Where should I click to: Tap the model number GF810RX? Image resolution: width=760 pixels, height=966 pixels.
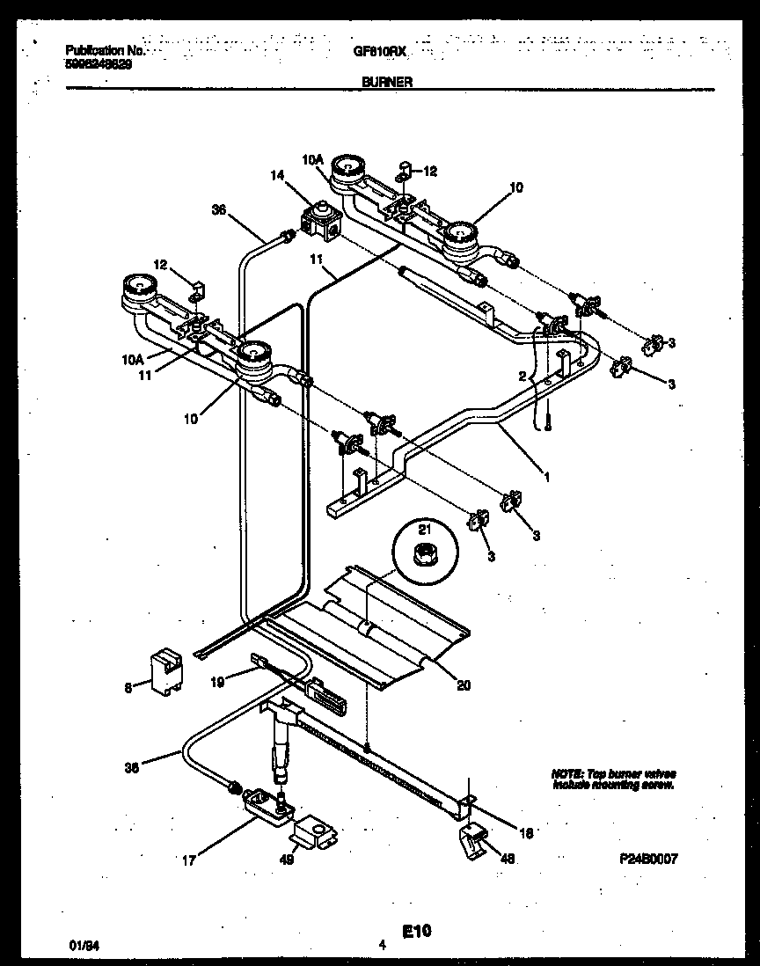[x=384, y=52]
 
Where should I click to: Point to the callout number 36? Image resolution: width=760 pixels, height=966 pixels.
[x=219, y=209]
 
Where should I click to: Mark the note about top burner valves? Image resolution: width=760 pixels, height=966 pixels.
[x=614, y=779]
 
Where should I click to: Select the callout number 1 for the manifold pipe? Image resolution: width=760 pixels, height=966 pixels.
[x=546, y=478]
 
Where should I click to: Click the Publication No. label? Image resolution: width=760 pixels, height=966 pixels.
[x=104, y=52]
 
